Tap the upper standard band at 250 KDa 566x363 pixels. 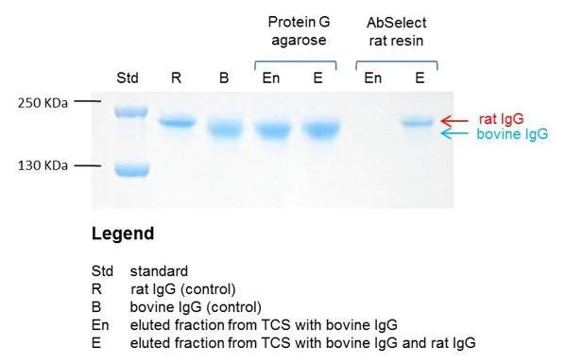pos(127,112)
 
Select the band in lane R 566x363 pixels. pos(175,122)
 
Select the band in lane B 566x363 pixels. pos(224,129)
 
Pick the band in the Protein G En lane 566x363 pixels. pos(272,130)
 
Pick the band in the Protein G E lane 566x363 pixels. pos(317,129)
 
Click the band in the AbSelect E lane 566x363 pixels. pos(419,122)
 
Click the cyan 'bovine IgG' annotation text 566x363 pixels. pos(511,135)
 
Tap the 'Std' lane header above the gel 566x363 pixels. pos(126,77)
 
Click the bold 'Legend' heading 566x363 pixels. pos(123,233)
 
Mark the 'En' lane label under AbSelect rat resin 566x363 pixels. pos(373,77)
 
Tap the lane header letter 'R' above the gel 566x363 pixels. pos(175,77)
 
